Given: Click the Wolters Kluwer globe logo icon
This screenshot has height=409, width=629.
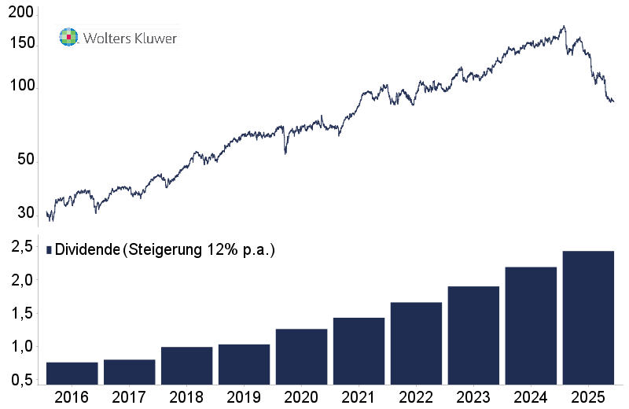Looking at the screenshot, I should click(69, 37).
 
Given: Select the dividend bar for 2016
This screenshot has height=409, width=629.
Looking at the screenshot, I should click(72, 374).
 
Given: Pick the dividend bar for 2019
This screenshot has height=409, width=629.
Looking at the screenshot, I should click(244, 365).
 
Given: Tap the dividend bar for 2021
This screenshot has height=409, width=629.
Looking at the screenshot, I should click(359, 352).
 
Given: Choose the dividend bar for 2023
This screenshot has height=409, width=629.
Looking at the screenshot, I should click(473, 336).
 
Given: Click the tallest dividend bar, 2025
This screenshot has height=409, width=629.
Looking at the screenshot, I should click(588, 318).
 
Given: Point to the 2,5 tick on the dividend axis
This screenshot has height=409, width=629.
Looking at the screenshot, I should click(22, 247).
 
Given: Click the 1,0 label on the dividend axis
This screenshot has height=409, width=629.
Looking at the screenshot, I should click(22, 347).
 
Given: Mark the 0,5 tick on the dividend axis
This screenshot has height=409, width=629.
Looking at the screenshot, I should click(22, 380).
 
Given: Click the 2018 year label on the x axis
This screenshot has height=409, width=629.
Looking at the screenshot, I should click(186, 397).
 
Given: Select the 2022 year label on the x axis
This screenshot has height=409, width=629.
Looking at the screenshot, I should click(416, 397).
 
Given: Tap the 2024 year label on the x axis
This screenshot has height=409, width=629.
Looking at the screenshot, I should click(531, 397).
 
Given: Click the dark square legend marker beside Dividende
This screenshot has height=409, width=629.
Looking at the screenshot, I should click(50, 250).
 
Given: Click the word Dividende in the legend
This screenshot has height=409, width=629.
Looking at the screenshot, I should click(87, 249).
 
